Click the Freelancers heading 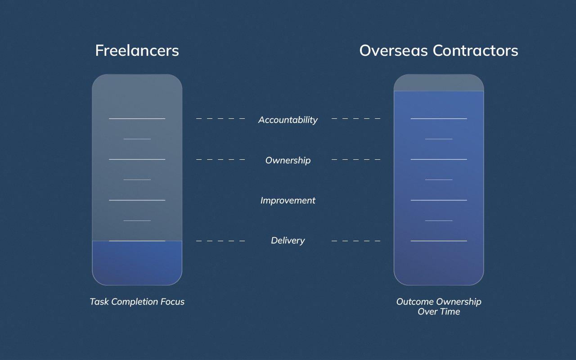[x=137, y=50]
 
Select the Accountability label [x=288, y=120]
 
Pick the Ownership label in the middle [x=288, y=160]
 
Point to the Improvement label [x=288, y=200]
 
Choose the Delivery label [x=288, y=241]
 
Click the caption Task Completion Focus [x=137, y=301]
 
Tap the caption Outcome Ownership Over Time [x=439, y=306]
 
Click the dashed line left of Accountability [x=220, y=119]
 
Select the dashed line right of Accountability [x=356, y=119]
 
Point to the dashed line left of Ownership [x=220, y=160]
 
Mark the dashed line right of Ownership [x=356, y=160]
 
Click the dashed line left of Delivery [x=220, y=241]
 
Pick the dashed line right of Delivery [x=356, y=241]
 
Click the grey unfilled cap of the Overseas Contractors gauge [x=439, y=83]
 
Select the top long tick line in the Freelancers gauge [x=137, y=119]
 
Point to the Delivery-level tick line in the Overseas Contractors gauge [x=439, y=241]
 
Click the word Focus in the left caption [x=171, y=301]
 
